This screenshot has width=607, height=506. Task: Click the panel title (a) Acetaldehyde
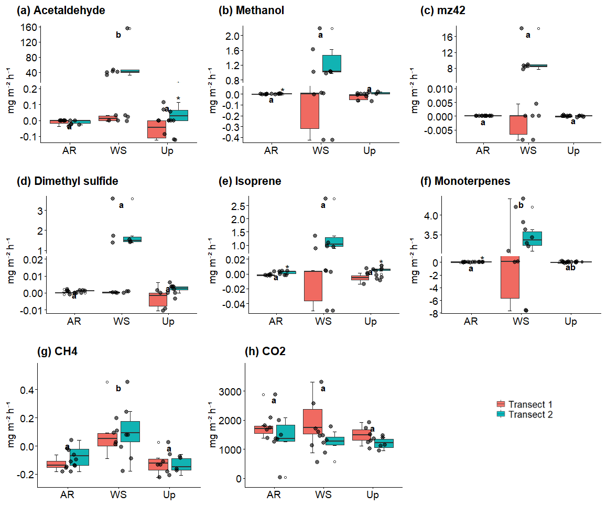(x=61, y=10)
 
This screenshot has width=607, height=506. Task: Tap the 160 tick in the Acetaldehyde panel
(x=29, y=27)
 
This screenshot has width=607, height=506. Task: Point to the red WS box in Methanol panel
(x=310, y=111)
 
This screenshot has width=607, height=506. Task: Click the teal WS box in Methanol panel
(x=332, y=63)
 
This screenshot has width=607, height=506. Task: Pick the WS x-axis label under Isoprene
(x=323, y=322)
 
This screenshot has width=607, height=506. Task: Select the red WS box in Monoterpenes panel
(x=509, y=278)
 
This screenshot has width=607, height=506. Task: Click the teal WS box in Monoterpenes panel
(x=532, y=238)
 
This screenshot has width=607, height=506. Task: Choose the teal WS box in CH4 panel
(x=130, y=432)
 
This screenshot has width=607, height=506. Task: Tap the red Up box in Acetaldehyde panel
(x=156, y=129)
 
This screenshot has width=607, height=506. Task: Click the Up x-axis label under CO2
(x=372, y=495)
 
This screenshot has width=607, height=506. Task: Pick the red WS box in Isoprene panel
(x=313, y=285)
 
